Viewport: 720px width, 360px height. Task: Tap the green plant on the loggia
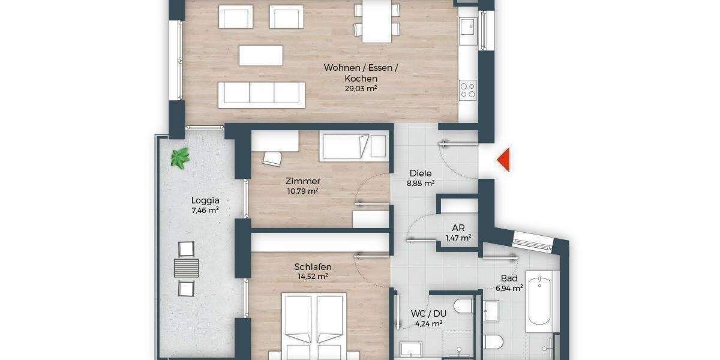click(180, 158)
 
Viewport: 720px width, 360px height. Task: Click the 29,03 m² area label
click(361, 89)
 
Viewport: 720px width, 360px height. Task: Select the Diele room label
click(421, 173)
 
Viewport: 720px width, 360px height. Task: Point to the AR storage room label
click(457, 228)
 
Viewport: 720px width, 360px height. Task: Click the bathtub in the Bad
click(542, 302)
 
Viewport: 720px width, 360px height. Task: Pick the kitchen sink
click(467, 27)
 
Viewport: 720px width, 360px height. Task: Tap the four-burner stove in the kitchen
click(468, 91)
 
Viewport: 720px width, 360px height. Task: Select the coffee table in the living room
click(261, 55)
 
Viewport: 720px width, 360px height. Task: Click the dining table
click(377, 22)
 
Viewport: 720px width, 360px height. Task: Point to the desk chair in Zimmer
click(272, 158)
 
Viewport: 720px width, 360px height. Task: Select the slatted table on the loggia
click(186, 267)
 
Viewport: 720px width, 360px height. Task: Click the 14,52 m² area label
click(313, 277)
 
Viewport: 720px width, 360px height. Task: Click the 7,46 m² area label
click(205, 210)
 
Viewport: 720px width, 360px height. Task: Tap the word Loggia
click(205, 201)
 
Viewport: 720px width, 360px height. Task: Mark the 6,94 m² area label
click(509, 288)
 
